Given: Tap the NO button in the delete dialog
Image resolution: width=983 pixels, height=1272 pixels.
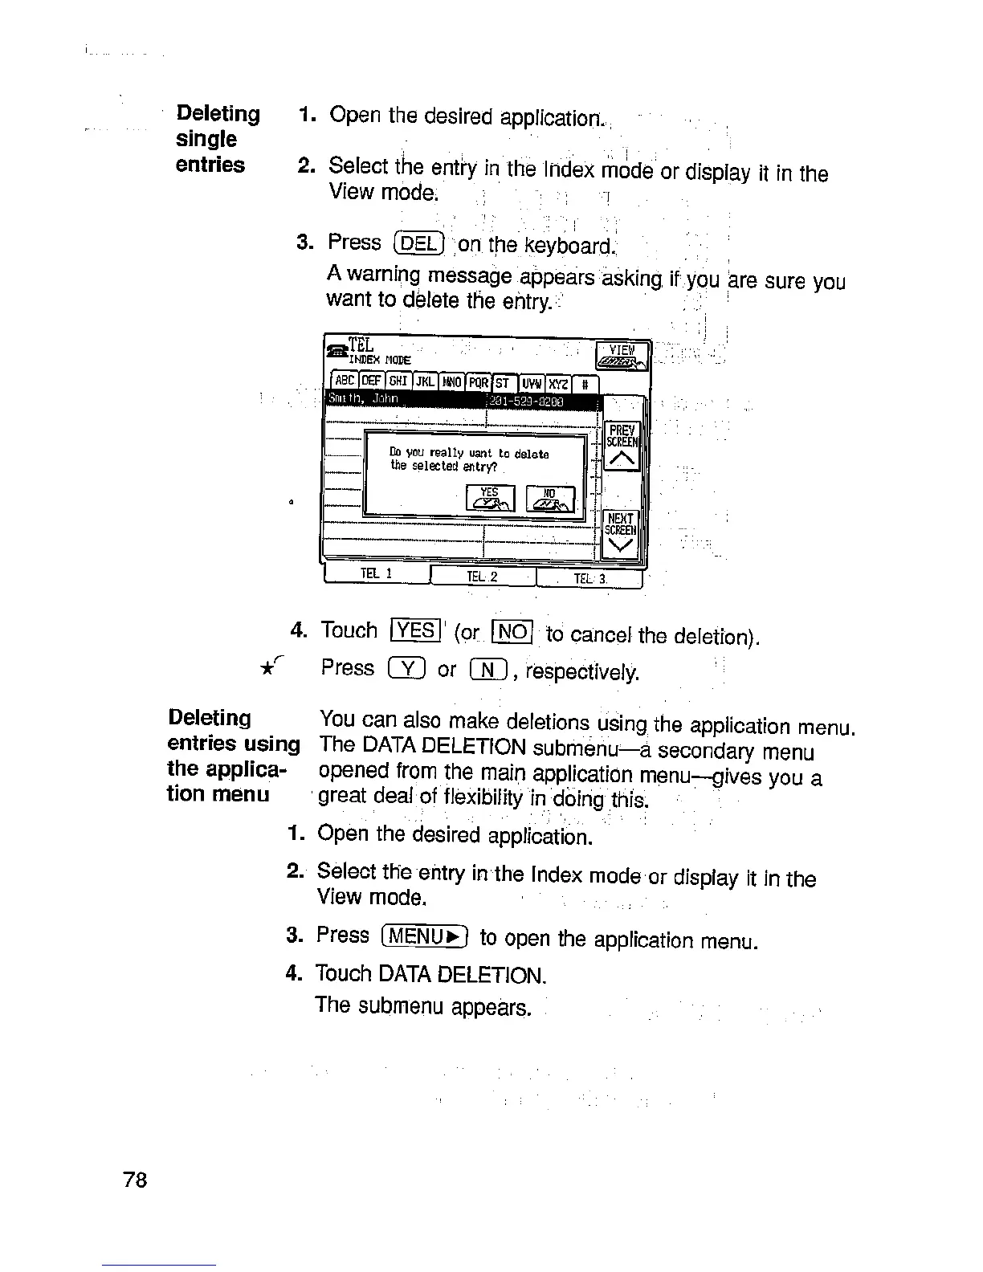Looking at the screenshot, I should click(x=551, y=499).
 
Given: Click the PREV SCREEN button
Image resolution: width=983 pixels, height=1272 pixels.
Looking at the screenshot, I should click(x=622, y=446).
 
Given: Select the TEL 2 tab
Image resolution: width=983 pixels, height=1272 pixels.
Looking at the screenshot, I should click(x=482, y=577).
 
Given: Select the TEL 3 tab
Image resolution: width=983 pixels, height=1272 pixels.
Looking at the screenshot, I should click(x=589, y=578).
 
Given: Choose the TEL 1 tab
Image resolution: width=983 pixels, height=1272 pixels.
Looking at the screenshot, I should click(x=376, y=573).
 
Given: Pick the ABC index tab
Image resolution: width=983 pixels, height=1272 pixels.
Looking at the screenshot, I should click(x=345, y=381).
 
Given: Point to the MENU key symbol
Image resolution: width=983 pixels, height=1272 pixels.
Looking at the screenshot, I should click(x=425, y=937).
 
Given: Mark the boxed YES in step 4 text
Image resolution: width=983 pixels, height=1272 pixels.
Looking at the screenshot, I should click(x=414, y=630).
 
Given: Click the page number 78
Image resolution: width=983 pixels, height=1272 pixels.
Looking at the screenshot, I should click(x=136, y=1180).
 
